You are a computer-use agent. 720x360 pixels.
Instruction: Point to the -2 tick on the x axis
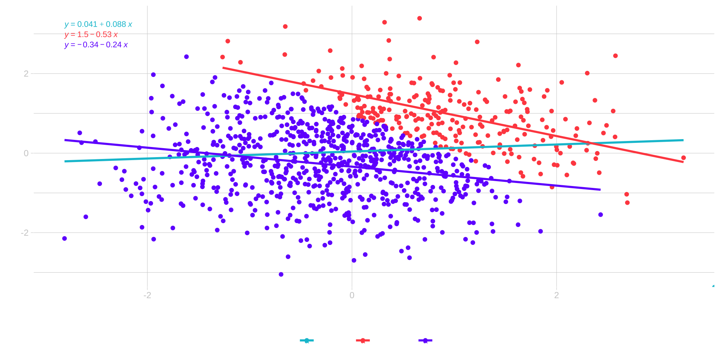[147, 295]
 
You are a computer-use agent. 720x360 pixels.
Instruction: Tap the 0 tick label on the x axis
[352, 295]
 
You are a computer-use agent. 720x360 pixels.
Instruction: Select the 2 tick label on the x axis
[556, 295]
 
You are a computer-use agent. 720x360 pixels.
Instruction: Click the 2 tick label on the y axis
[26, 73]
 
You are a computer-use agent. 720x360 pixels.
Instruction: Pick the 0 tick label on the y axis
[26, 153]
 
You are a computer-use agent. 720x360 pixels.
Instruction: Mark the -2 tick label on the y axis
[25, 233]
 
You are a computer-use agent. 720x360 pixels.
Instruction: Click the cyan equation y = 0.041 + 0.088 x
[98, 24]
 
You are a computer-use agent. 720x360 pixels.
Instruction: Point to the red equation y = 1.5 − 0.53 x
[91, 34]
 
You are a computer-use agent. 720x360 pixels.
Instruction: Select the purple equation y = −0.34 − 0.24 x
[96, 45]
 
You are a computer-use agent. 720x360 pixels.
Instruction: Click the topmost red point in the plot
[420, 18]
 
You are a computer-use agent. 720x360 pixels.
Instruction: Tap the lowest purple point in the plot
[281, 274]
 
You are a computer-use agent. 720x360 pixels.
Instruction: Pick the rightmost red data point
[683, 158]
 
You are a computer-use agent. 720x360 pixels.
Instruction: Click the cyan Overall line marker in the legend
[307, 340]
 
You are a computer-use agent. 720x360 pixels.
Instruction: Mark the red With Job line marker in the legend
[363, 340]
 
